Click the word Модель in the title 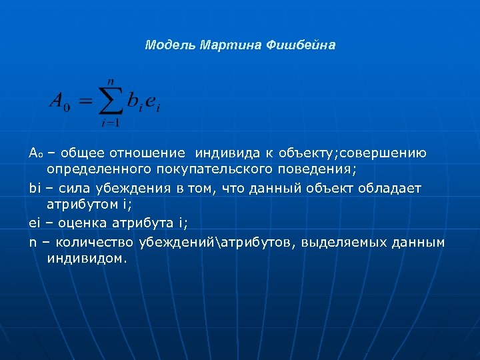167,45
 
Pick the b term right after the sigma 135,101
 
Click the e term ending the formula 153,102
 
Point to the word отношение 151,153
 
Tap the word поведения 319,170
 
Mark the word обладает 391,188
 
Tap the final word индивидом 87,258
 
